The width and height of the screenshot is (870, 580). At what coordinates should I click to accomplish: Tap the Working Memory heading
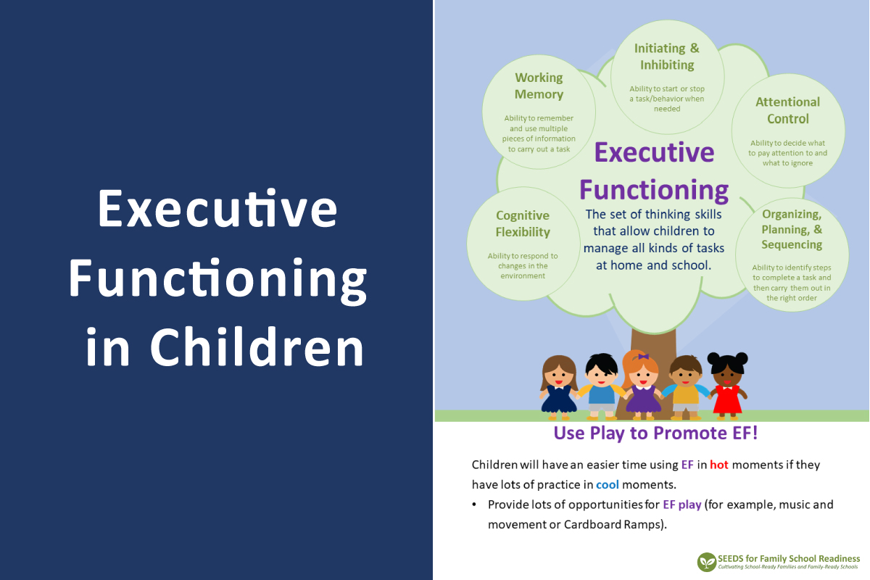click(x=539, y=86)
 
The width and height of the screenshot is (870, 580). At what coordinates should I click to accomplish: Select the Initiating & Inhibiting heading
click(x=667, y=57)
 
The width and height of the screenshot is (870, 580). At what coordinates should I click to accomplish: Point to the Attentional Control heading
click(x=787, y=110)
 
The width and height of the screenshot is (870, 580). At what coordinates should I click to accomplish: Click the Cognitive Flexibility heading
click(x=523, y=224)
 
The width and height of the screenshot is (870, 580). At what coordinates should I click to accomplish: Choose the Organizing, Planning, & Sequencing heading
click(x=792, y=229)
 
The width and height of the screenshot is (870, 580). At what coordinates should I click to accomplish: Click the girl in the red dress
click(x=727, y=386)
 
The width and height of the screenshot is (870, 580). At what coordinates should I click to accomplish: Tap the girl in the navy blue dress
click(x=558, y=388)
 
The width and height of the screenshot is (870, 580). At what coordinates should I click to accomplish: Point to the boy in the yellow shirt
click(x=686, y=388)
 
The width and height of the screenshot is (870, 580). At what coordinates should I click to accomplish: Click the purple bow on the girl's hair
click(x=644, y=356)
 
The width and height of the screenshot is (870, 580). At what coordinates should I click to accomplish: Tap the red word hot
click(x=719, y=465)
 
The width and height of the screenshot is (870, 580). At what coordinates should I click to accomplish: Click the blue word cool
click(x=608, y=485)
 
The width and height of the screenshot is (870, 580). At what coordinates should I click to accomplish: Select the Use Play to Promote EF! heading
click(x=655, y=434)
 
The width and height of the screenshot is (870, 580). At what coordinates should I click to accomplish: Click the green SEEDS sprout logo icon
click(x=706, y=562)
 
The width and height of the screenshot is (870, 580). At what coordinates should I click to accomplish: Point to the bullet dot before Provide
click(x=474, y=505)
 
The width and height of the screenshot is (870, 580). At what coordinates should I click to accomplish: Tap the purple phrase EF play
click(x=682, y=505)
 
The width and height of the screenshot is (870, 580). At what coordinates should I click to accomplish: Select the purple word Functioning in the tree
click(x=654, y=191)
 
